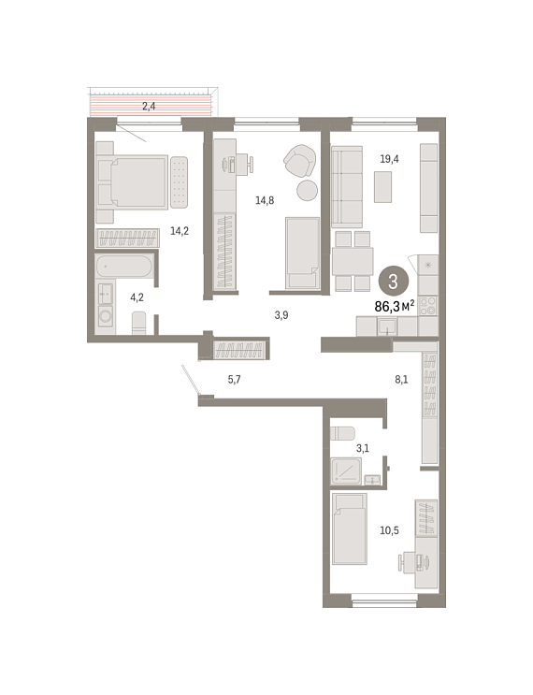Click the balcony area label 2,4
[149, 106]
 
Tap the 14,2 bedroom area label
[180, 230]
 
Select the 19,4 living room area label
[389, 159]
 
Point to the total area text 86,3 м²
[395, 305]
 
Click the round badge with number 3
[393, 282]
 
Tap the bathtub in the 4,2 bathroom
[124, 267]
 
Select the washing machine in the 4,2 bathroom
[106, 316]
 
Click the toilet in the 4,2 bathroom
[138, 323]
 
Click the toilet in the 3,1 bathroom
[342, 433]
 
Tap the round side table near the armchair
[307, 191]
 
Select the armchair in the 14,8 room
[300, 160]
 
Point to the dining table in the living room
[353, 262]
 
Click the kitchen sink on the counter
[387, 326]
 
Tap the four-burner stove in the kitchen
[428, 306]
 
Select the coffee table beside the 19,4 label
[382, 187]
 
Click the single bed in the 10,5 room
[350, 528]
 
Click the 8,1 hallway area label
[401, 380]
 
